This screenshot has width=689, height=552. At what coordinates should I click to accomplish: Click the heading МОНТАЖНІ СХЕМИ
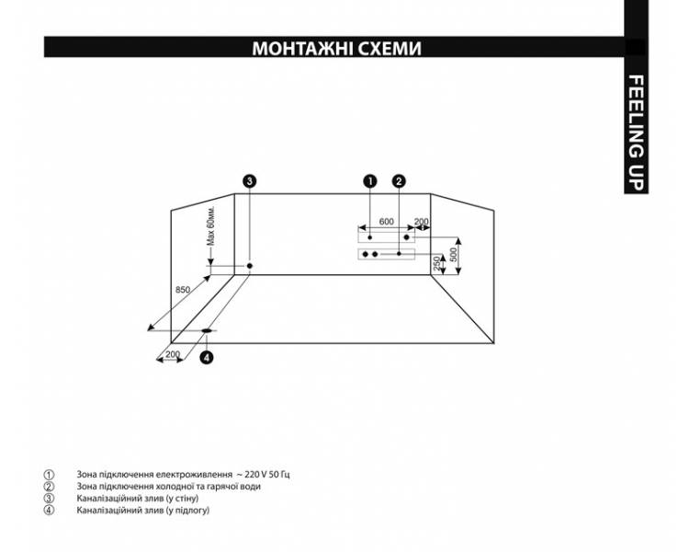point(336,48)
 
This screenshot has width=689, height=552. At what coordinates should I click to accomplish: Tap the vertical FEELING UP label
point(636,132)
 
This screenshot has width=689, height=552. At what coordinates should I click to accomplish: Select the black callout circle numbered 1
point(370,181)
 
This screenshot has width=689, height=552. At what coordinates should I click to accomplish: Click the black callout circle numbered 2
point(399,181)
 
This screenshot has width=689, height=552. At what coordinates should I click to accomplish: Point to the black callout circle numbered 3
point(250,181)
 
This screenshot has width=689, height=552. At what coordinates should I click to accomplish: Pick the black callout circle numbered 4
point(207,357)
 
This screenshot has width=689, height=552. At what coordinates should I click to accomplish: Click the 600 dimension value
point(386,222)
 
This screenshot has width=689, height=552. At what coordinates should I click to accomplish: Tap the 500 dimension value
point(454,254)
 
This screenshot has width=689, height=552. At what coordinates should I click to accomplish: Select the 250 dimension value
point(436,264)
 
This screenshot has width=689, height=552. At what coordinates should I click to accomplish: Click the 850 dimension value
point(183,290)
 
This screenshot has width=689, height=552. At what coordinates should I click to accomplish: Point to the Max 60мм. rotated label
point(211,225)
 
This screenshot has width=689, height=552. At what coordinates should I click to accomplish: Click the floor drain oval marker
point(207,330)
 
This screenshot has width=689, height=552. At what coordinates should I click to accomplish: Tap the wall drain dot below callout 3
point(250,266)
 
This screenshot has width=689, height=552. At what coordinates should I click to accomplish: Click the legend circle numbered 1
point(49,475)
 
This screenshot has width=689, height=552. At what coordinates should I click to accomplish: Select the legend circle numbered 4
point(49,511)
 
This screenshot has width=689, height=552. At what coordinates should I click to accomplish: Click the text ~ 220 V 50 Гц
point(264,475)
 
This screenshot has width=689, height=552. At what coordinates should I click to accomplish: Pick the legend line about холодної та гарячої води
point(169,487)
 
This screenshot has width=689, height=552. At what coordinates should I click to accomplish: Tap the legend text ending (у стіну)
point(138,499)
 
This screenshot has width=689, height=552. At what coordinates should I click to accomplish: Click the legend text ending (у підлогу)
point(143,511)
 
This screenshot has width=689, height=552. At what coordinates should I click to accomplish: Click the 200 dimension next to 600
point(422,222)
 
